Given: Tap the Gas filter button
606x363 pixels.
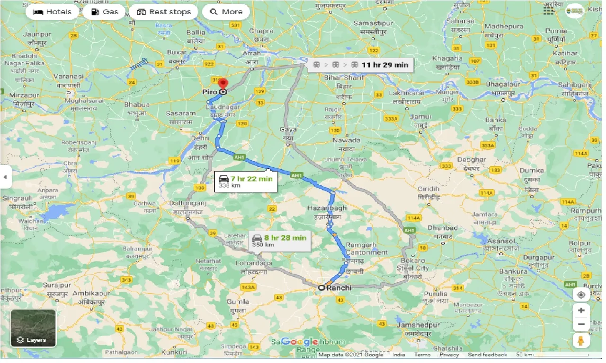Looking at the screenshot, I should [104, 12].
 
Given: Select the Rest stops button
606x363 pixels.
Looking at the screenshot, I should [163, 12].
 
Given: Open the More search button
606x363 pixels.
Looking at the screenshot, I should [226, 12].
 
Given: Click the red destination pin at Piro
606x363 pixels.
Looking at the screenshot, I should [222, 85].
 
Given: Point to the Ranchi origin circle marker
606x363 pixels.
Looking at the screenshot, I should [321, 287].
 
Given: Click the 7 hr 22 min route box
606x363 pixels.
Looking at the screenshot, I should [245, 181].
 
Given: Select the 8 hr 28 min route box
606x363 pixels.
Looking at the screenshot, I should [279, 241].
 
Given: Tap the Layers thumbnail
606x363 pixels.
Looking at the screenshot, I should [33, 328].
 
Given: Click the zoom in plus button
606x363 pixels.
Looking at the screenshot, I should [581, 310].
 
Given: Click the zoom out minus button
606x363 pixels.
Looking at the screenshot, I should [581, 325].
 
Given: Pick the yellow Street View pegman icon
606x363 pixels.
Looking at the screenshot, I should [581, 340].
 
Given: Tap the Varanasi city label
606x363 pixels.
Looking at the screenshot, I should [68, 76].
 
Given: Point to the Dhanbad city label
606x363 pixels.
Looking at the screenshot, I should [442, 228].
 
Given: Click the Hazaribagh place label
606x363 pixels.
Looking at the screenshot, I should [327, 208].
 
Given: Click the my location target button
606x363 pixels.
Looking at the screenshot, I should [581, 294].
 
